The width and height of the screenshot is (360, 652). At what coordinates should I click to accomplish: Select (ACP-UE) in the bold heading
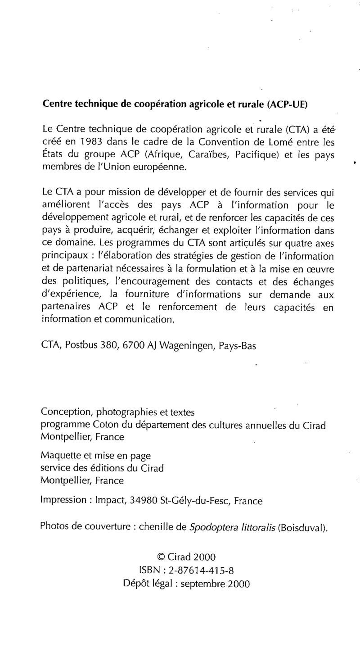(x=288, y=104)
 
